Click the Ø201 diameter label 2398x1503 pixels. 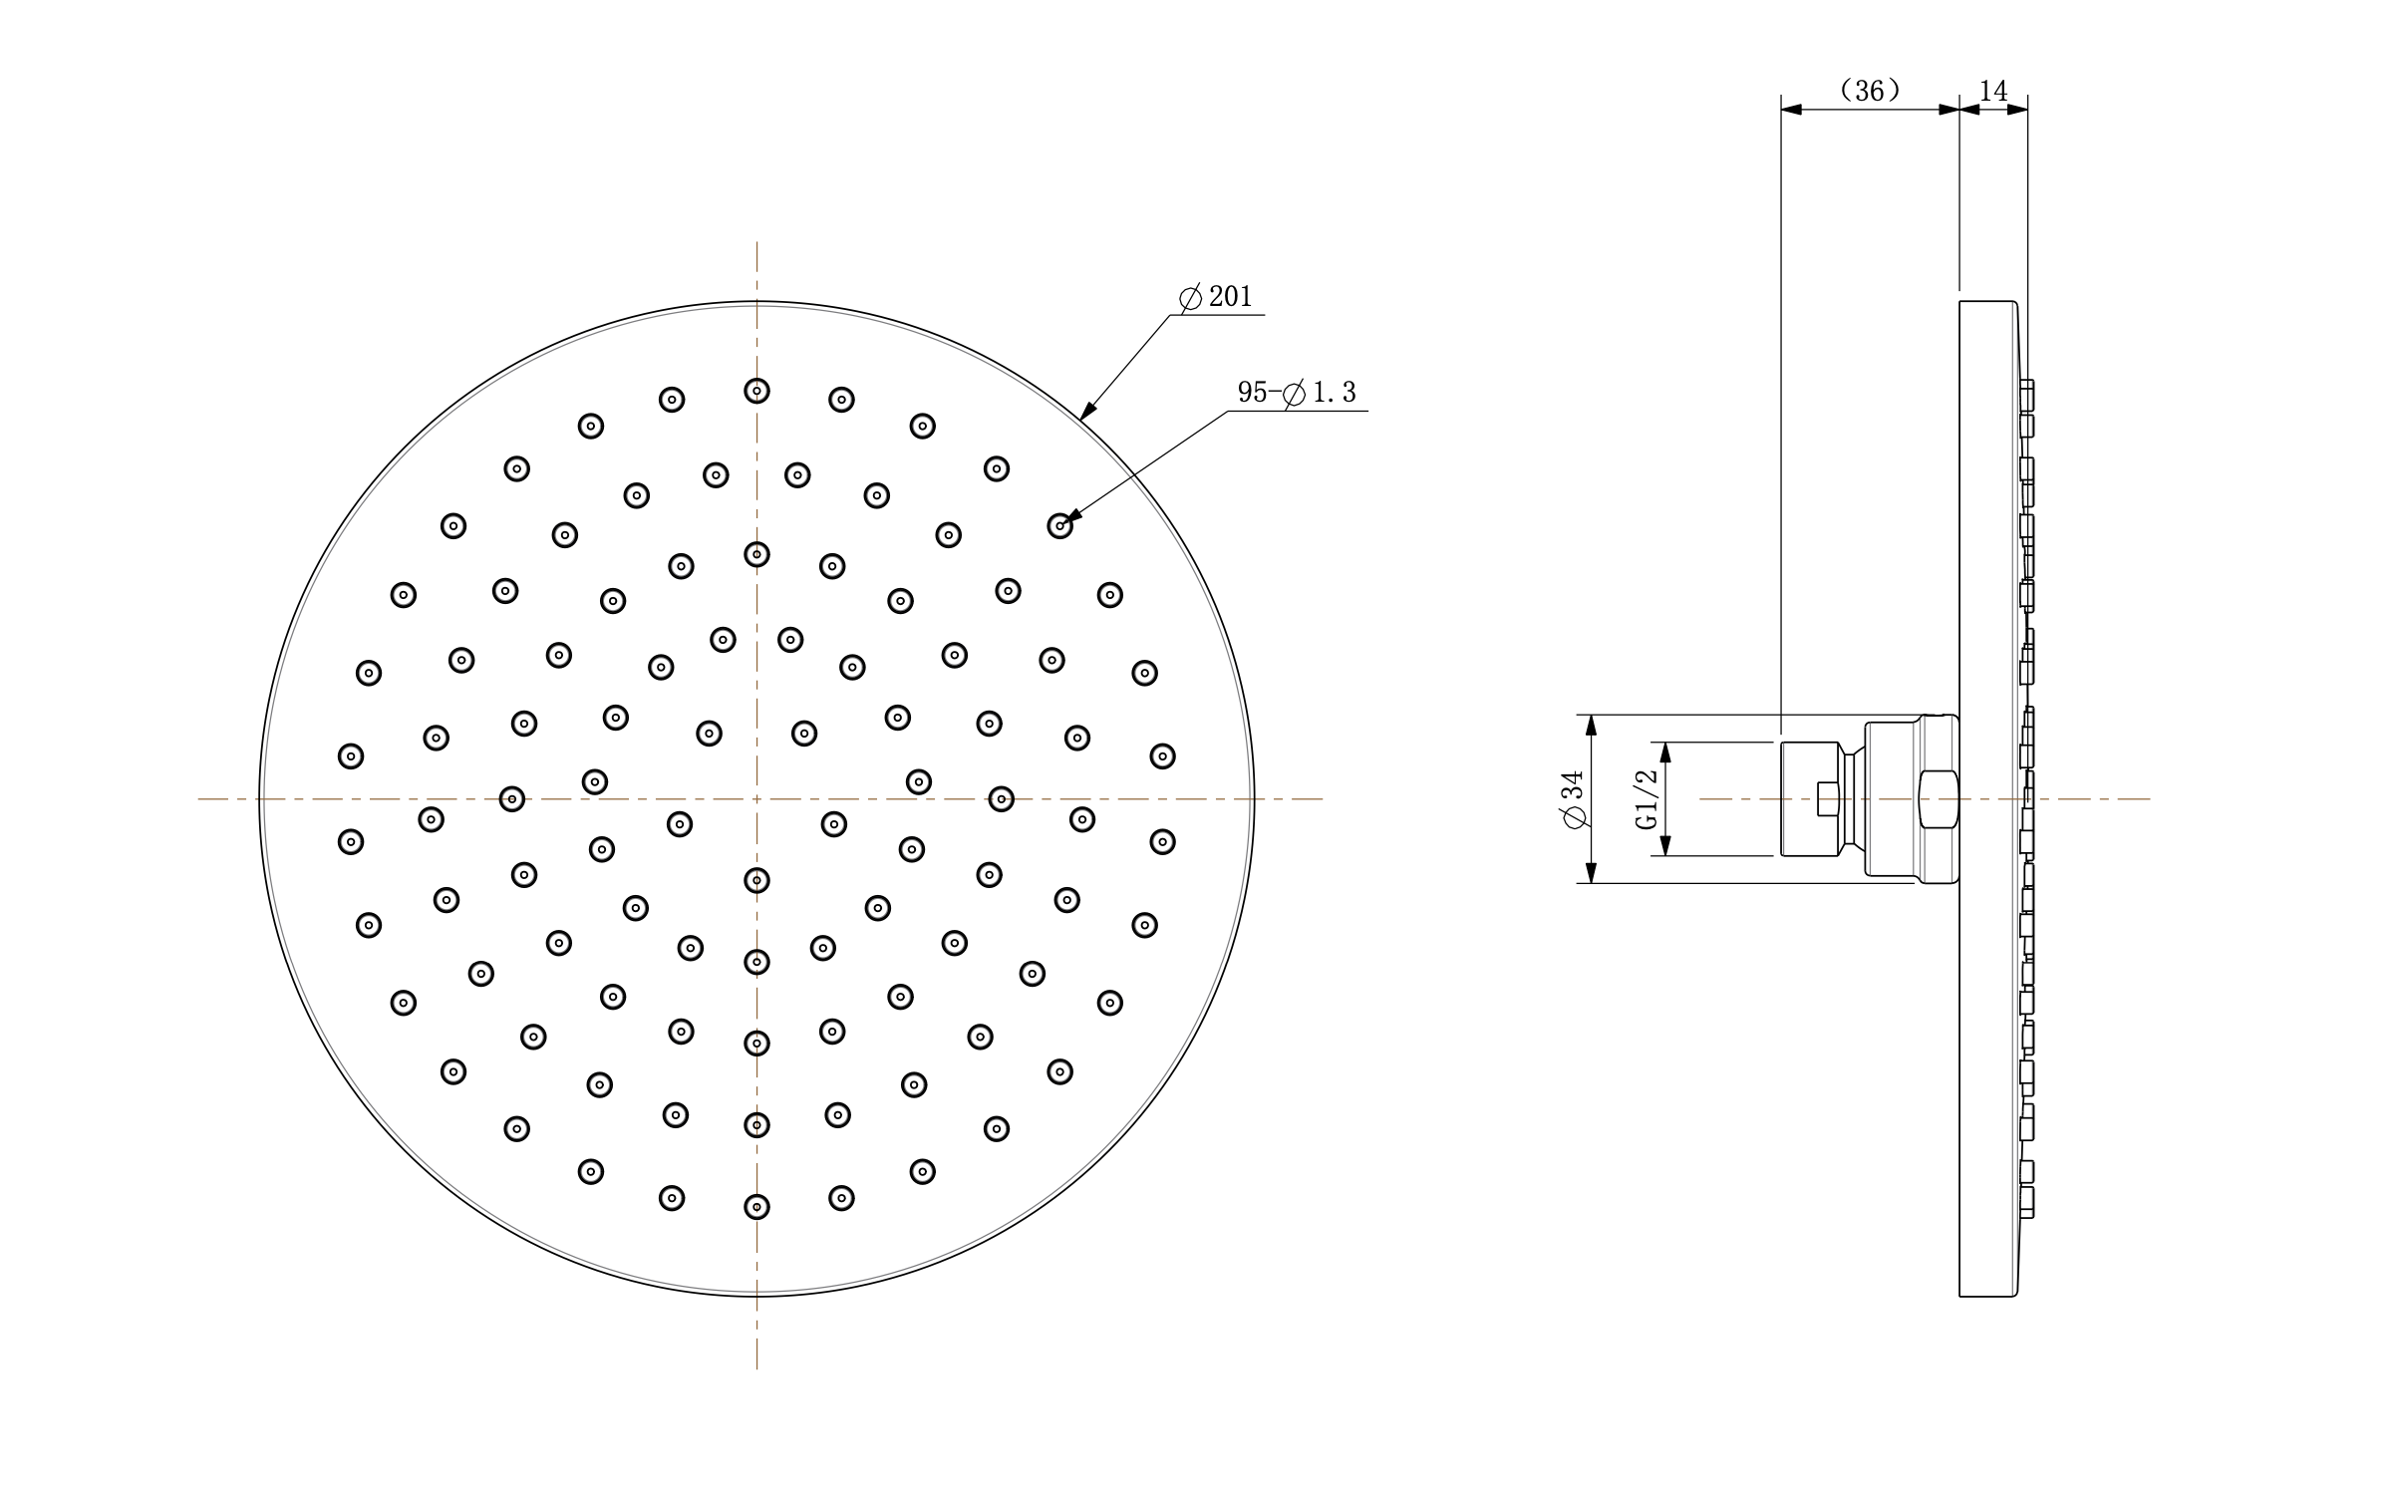pos(1215,297)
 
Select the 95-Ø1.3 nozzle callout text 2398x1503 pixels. pos(1297,393)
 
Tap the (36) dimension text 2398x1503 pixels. pos(1870,91)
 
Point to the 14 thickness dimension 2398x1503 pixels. pos(1993,91)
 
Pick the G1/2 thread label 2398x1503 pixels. pos(1647,798)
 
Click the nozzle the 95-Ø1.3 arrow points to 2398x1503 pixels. pos(1059,525)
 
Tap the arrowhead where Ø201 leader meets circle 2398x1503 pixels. pos(1088,410)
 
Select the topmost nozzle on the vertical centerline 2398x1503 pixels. pos(756,391)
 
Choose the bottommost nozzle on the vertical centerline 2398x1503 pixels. pos(756,1207)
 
